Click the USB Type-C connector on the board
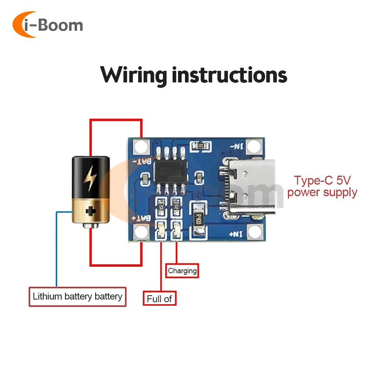coord(248,187)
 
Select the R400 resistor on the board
coord(198,221)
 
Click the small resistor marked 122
coord(201,146)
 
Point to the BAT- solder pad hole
coord(142,146)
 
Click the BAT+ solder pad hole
coord(142,232)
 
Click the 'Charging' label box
coord(182,271)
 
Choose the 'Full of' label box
coord(159,298)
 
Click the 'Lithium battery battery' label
coord(77,297)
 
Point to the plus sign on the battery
coord(91,211)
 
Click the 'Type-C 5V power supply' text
coord(322,186)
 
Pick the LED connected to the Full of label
coord(161,231)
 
